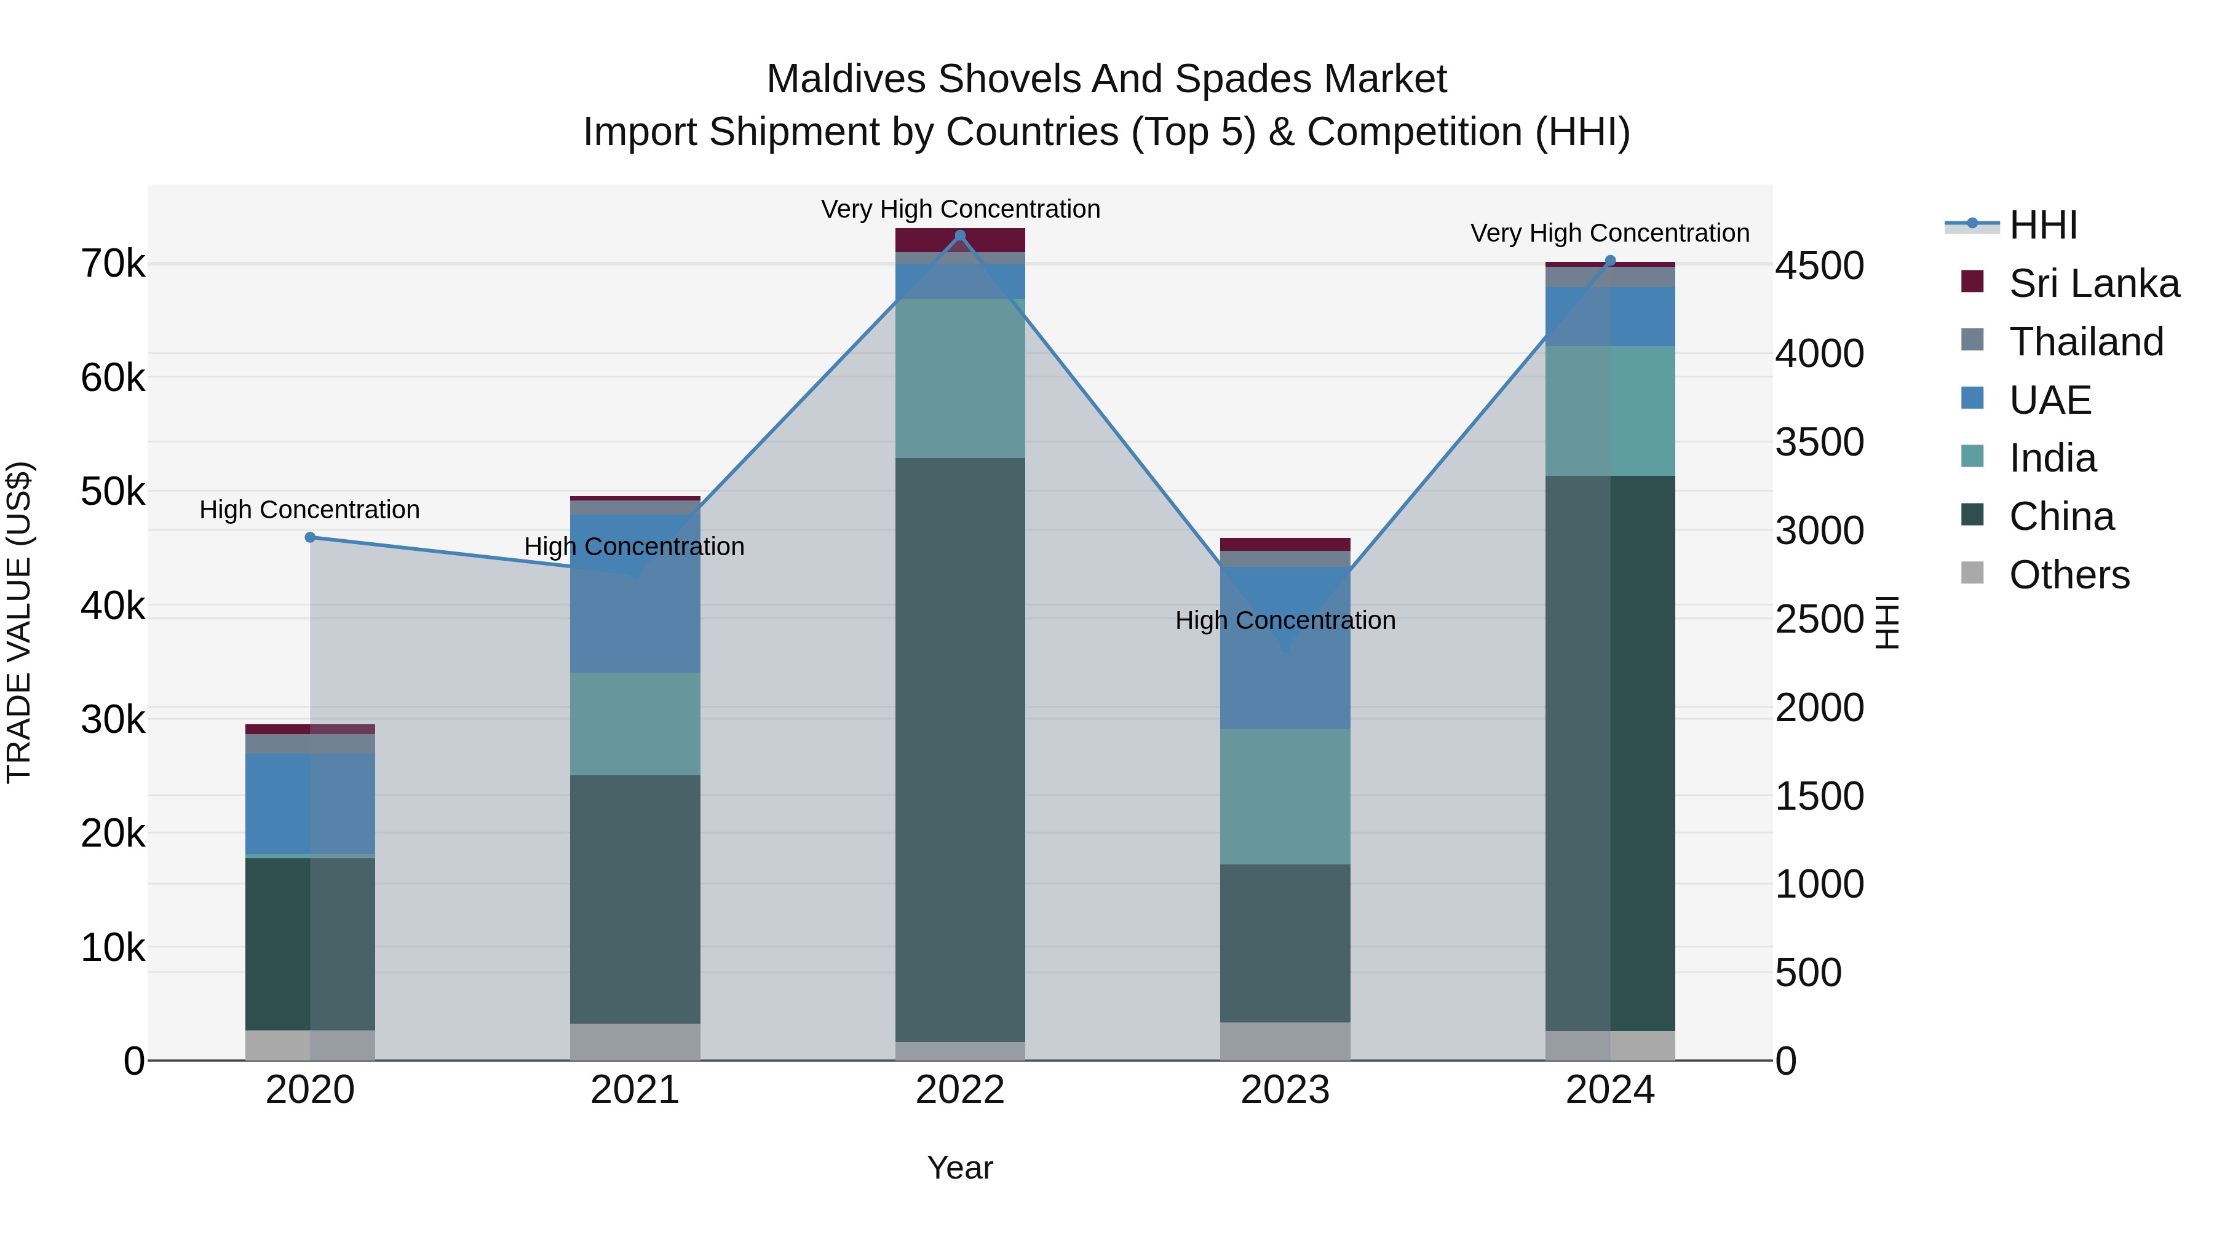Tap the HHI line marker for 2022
(960, 235)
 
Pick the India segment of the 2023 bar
(1285, 796)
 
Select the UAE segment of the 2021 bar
(635, 593)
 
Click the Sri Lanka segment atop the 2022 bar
(960, 240)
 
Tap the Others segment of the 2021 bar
(635, 1041)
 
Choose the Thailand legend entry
(2085, 342)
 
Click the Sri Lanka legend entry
(2093, 283)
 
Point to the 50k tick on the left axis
(113, 492)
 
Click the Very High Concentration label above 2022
(960, 209)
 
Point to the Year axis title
(960, 1168)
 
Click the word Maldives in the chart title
(845, 79)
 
